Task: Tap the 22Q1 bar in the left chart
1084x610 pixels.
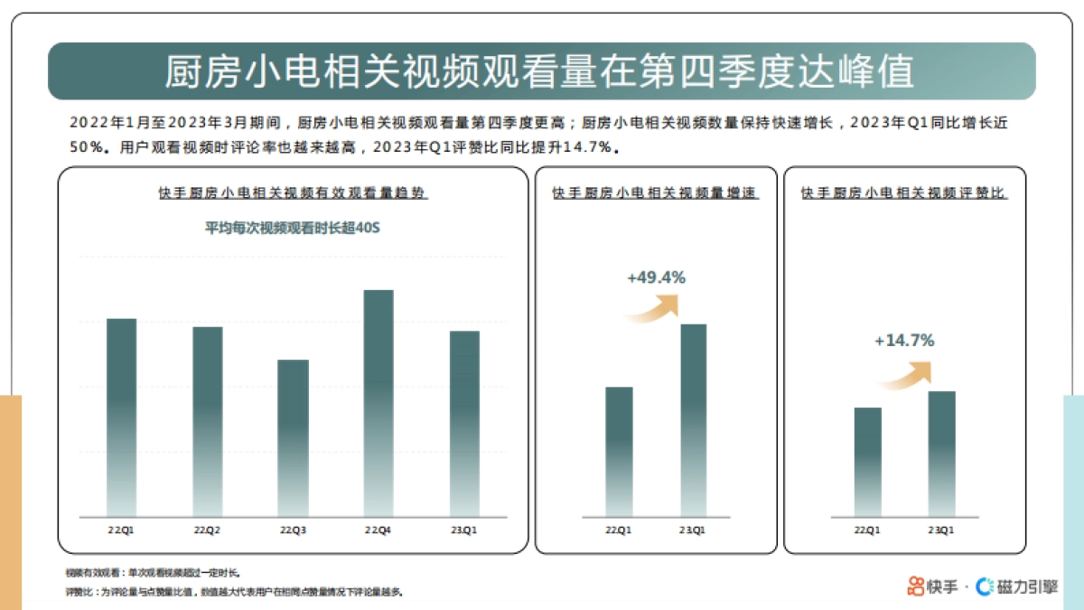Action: [121, 416]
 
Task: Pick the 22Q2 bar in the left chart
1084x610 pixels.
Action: [207, 420]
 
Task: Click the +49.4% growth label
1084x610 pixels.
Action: [656, 277]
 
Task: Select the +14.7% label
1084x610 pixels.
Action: [903, 341]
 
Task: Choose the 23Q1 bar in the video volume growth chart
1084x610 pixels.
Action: [693, 420]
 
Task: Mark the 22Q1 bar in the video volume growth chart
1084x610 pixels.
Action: [619, 452]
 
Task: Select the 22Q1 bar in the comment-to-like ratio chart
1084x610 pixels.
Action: [867, 462]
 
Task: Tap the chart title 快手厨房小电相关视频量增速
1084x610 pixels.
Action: [655, 193]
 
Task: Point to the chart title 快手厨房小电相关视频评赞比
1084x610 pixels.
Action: [904, 193]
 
